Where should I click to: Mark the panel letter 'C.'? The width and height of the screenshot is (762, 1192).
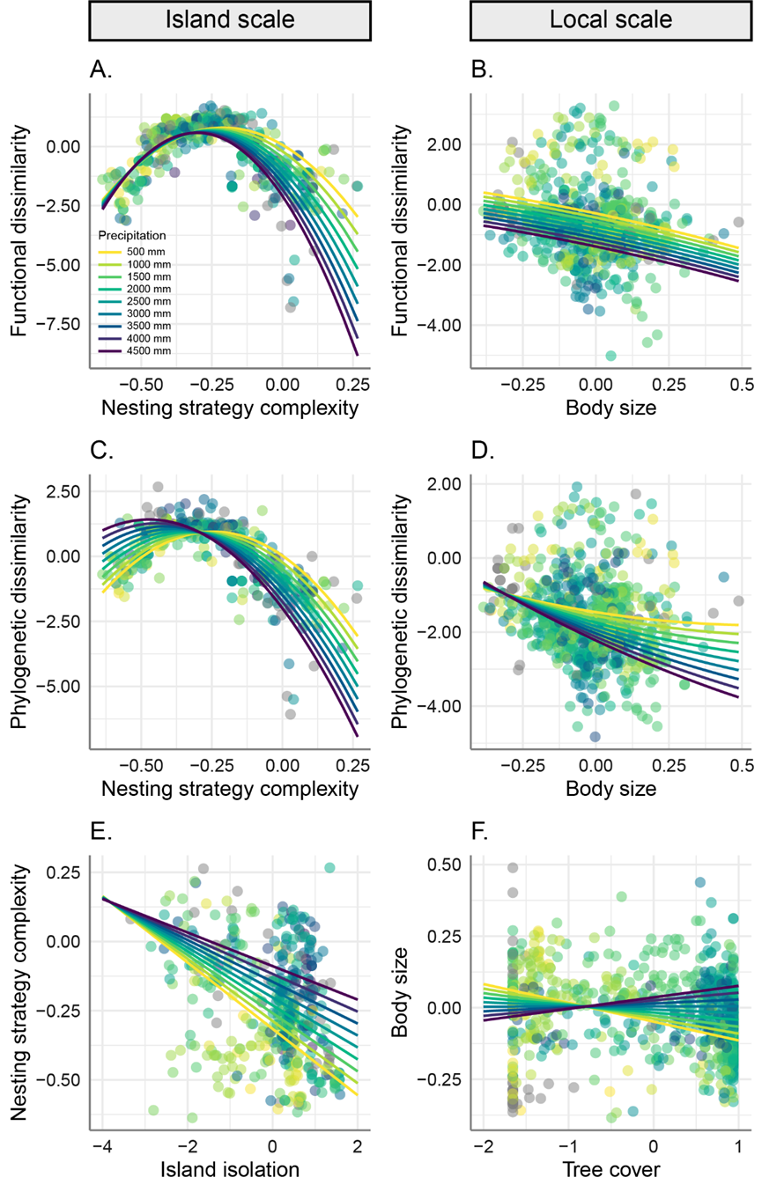pyautogui.click(x=104, y=452)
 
